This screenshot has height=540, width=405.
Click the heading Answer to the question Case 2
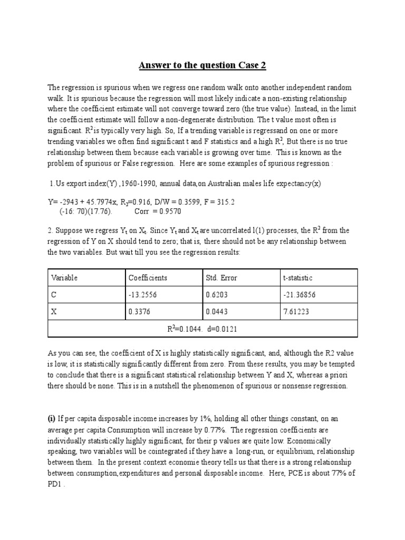tap(202, 65)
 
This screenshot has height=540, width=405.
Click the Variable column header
tap(64, 277)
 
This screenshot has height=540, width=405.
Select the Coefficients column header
tap(148, 277)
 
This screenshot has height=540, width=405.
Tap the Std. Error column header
tap(222, 277)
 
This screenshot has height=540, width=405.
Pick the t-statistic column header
tap(300, 277)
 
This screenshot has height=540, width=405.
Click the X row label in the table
tap(54, 312)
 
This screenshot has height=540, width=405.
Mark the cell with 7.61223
tap(296, 312)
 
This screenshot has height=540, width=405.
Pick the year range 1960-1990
tap(126, 183)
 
